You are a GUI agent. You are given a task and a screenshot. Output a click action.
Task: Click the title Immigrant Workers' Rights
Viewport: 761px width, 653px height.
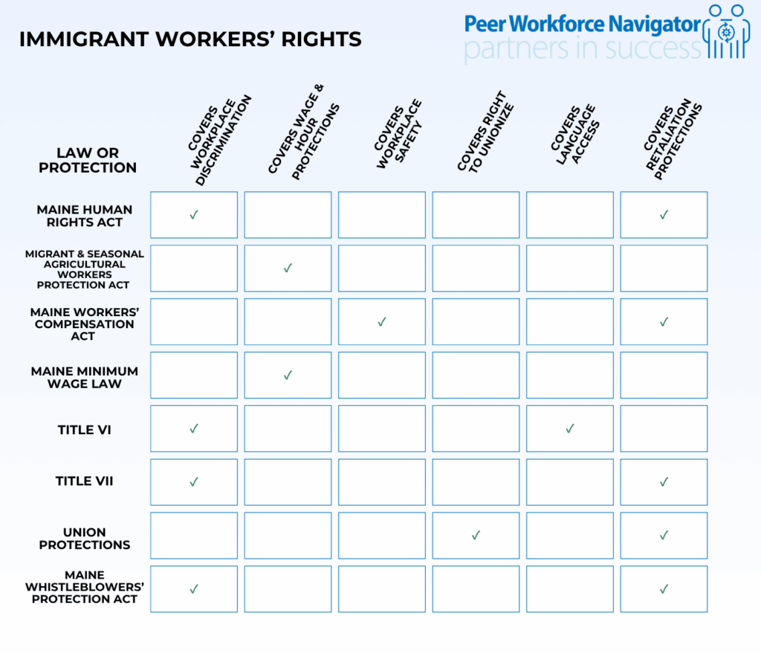click(x=190, y=39)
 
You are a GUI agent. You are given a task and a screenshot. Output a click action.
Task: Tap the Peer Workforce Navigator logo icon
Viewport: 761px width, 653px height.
click(x=728, y=31)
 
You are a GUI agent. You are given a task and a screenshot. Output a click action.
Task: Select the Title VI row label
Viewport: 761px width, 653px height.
click(x=84, y=430)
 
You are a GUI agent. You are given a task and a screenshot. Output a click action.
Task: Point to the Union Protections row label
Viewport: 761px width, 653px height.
click(x=84, y=538)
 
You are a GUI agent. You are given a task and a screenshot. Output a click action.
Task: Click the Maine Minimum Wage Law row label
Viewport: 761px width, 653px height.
click(x=84, y=377)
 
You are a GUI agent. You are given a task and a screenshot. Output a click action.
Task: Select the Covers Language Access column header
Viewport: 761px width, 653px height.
click(x=574, y=132)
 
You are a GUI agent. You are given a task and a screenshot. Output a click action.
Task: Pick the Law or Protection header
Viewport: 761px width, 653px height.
click(x=88, y=160)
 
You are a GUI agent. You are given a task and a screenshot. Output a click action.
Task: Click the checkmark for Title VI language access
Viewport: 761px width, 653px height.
click(x=570, y=428)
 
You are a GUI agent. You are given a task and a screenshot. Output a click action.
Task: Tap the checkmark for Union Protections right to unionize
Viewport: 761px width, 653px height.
click(x=476, y=535)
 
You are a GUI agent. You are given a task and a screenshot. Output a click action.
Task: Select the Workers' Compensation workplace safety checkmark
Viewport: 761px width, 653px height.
click(x=382, y=321)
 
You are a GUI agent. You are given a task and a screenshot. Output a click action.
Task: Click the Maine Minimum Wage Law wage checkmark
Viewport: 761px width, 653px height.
click(x=288, y=375)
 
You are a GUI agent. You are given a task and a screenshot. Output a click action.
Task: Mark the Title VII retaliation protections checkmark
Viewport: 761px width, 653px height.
click(x=664, y=482)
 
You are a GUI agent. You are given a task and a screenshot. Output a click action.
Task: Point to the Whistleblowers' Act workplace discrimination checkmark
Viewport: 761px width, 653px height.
click(x=194, y=588)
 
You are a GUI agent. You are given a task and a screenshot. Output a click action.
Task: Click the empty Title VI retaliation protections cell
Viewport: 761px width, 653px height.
click(x=664, y=428)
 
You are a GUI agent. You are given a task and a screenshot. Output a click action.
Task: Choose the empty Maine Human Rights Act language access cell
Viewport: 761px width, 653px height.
click(x=570, y=215)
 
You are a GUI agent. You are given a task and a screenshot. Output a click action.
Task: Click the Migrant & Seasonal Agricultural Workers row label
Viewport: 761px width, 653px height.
click(x=84, y=269)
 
